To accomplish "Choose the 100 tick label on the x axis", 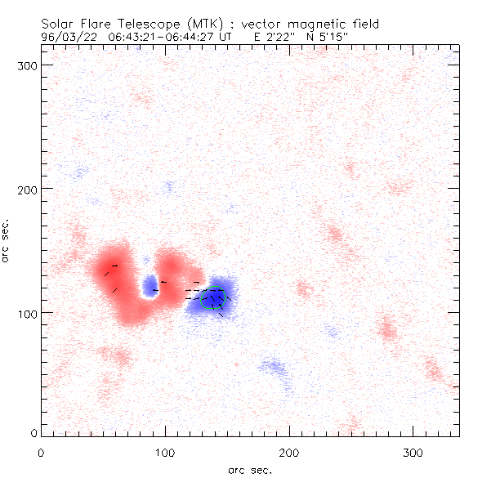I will coord(165,452).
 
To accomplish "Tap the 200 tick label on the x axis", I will coord(289,452).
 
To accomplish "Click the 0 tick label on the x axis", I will coord(41,452).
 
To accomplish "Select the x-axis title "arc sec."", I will coord(250,469).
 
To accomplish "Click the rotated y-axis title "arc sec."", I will coord(7,240).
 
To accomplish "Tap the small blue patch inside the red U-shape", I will coord(150,284).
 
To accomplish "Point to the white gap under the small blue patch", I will coord(150,297).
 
